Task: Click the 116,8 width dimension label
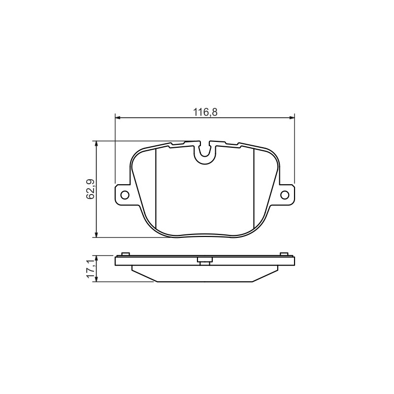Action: tap(205, 112)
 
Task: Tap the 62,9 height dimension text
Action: tap(90, 189)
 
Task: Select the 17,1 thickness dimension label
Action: tap(90, 269)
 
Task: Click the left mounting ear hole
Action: tap(125, 195)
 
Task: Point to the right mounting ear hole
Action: tap(285, 195)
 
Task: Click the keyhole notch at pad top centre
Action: tap(205, 153)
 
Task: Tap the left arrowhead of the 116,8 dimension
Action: tap(118, 117)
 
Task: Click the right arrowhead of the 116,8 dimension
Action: tap(292, 117)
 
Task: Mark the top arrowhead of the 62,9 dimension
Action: tap(96, 144)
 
